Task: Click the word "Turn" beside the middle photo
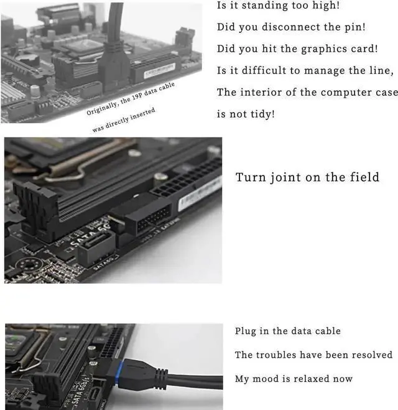(x=250, y=177)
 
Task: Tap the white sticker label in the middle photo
(x=200, y=193)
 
